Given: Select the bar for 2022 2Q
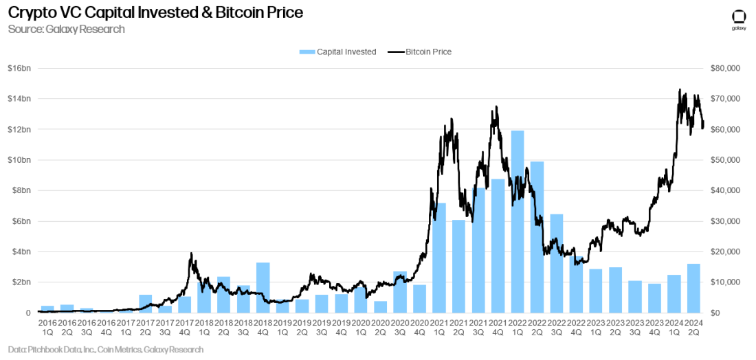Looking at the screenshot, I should tap(537, 237).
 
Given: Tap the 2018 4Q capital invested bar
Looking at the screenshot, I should tap(263, 287).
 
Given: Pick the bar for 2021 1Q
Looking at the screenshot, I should tap(439, 258).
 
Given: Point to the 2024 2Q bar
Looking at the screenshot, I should tap(693, 288).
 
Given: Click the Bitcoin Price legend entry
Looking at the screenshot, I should tap(420, 52).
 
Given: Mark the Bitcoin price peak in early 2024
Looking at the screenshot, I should tap(680, 90).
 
